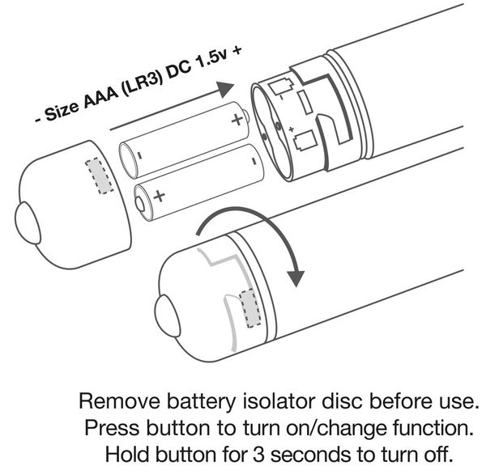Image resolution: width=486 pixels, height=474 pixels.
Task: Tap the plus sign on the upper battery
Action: click(x=237, y=121)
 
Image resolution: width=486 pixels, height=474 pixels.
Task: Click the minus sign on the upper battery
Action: click(x=139, y=154)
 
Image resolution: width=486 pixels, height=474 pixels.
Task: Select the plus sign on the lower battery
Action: click(x=159, y=197)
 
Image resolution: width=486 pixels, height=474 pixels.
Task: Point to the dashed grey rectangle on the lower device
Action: click(x=251, y=311)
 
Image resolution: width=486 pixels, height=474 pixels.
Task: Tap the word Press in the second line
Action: click(x=107, y=425)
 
